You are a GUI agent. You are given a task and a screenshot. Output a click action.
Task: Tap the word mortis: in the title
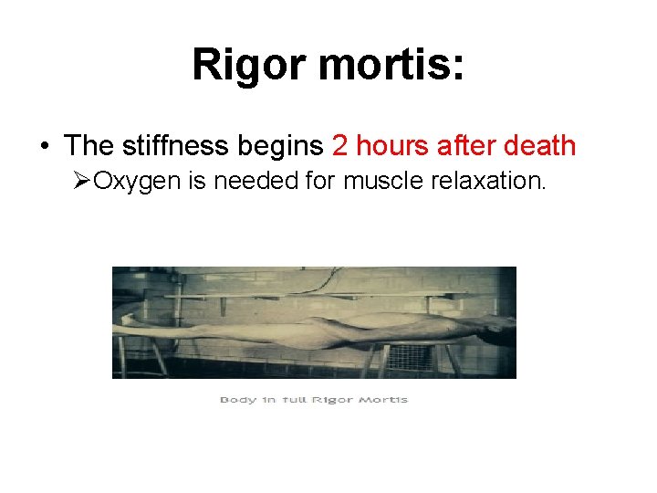[x=396, y=65]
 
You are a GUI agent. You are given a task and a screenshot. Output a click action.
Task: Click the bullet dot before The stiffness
[x=44, y=146]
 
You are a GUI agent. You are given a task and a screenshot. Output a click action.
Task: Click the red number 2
[x=340, y=145]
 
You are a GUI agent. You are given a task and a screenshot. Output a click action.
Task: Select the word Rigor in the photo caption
[x=332, y=400]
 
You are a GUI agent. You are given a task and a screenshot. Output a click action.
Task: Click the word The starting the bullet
[x=89, y=145]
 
